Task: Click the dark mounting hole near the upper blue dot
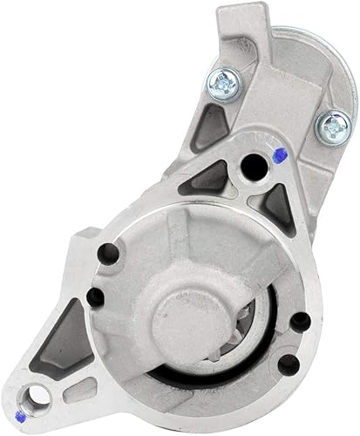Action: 254,162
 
